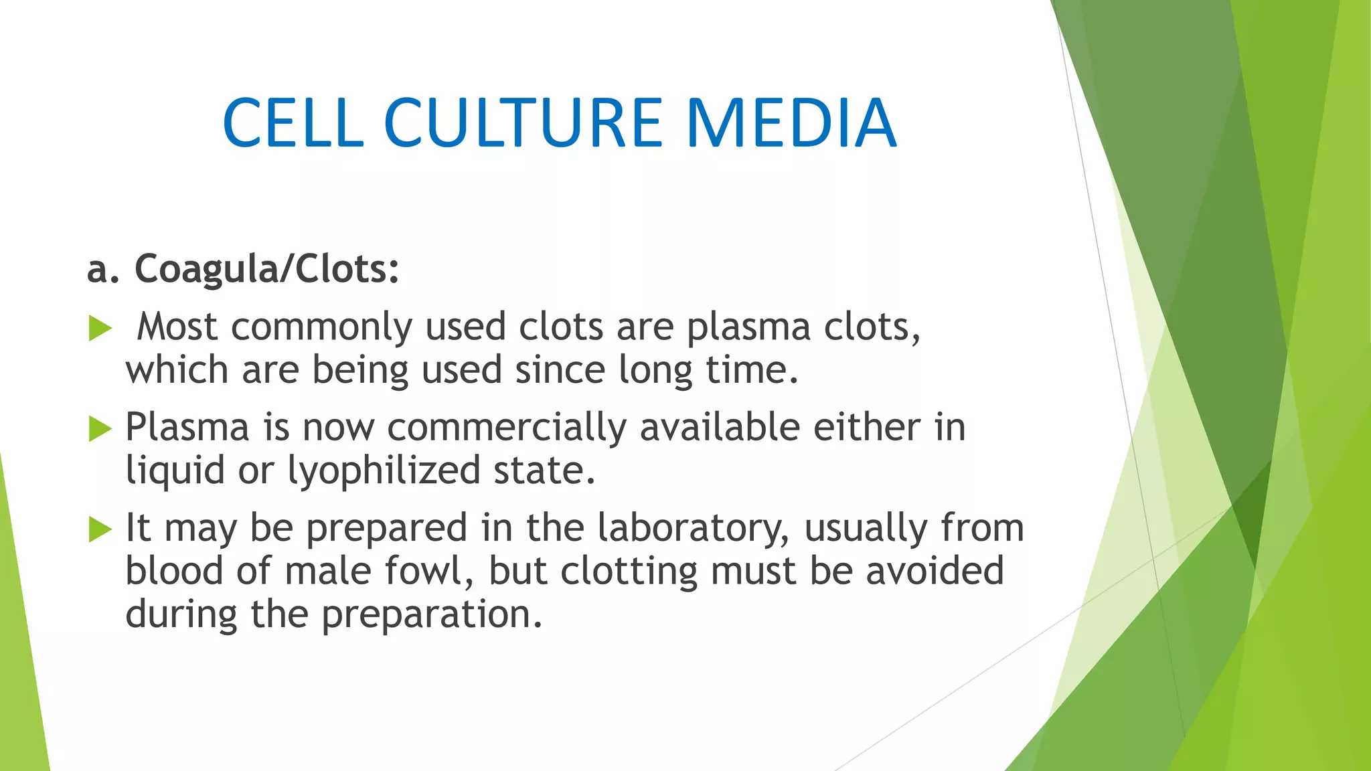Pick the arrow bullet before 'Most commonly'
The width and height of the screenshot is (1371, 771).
tap(100, 329)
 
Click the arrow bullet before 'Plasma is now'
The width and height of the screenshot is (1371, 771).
tap(100, 428)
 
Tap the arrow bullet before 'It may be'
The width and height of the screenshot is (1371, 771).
tap(100, 529)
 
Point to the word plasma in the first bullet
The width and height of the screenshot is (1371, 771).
tap(748, 328)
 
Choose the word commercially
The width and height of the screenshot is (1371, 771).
tap(507, 428)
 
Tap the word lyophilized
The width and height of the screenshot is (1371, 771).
tap(384, 471)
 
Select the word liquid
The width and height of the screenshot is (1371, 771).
tap(175, 471)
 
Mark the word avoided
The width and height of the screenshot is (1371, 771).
tap(935, 572)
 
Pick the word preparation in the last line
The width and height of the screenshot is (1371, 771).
tap(431, 615)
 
